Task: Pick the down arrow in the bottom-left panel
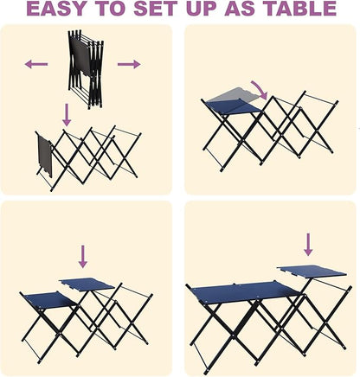pos(83,255)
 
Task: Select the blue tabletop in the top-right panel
pos(235,105)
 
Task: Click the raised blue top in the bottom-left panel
pos(87,284)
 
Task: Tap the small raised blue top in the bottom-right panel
pos(312,271)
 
